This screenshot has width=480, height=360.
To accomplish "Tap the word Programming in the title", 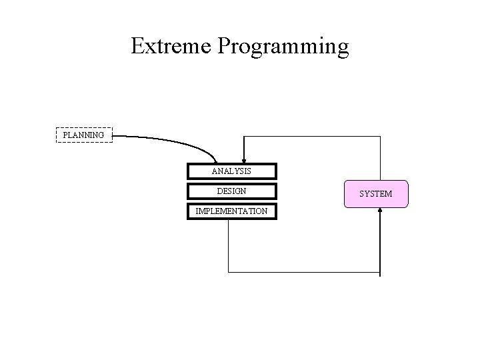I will coord(283,47).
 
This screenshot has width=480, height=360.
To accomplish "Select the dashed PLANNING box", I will coord(83,135).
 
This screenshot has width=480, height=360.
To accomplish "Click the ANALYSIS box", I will coord(231,171).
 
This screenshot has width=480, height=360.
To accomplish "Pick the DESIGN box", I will coord(231,191).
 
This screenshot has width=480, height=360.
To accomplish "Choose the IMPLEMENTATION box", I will coord(231,211).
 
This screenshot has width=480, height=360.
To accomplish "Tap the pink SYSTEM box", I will coord(375,194).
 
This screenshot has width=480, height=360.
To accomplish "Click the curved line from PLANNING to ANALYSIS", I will coord(173,141).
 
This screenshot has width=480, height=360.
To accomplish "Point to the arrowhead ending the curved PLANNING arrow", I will coord(215,160).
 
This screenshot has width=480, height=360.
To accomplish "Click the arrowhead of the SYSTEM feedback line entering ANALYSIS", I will coord(244,160).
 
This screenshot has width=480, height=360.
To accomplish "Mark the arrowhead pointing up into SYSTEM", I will coord(380,211).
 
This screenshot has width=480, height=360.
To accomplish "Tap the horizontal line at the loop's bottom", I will coord(303,272).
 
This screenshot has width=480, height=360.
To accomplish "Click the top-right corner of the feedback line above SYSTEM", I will coord(380,136).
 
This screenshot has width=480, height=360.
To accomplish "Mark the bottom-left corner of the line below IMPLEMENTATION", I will coord(228,272).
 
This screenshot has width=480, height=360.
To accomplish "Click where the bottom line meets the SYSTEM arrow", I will coord(380,272).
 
